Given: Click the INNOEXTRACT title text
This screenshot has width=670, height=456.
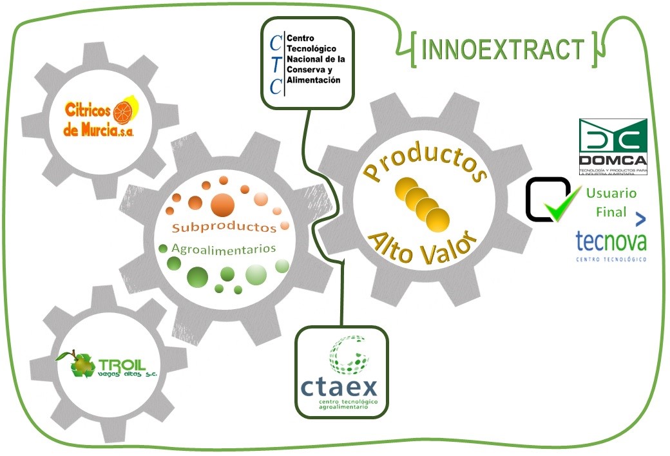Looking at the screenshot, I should tap(503, 50).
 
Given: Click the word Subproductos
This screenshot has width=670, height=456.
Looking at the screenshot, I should tap(224, 227).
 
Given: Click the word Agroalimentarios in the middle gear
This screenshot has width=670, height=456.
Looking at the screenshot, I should tap(224, 248).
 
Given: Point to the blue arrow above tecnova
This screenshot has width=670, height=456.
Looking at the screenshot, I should tap(640, 219).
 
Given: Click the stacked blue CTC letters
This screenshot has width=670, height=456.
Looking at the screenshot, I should tap(276, 65).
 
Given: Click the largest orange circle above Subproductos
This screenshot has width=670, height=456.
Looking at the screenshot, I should tap(222, 204).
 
